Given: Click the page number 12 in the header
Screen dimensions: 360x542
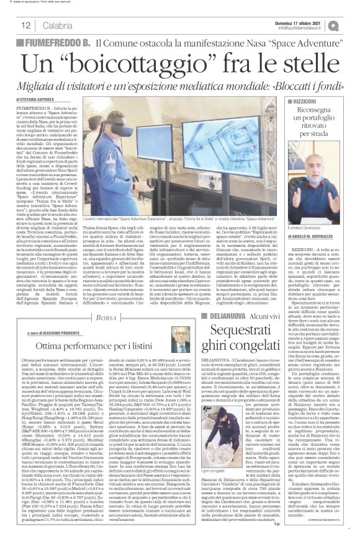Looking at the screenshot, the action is tap(25, 25).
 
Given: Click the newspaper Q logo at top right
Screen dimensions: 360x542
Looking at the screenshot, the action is tap(345, 25).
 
